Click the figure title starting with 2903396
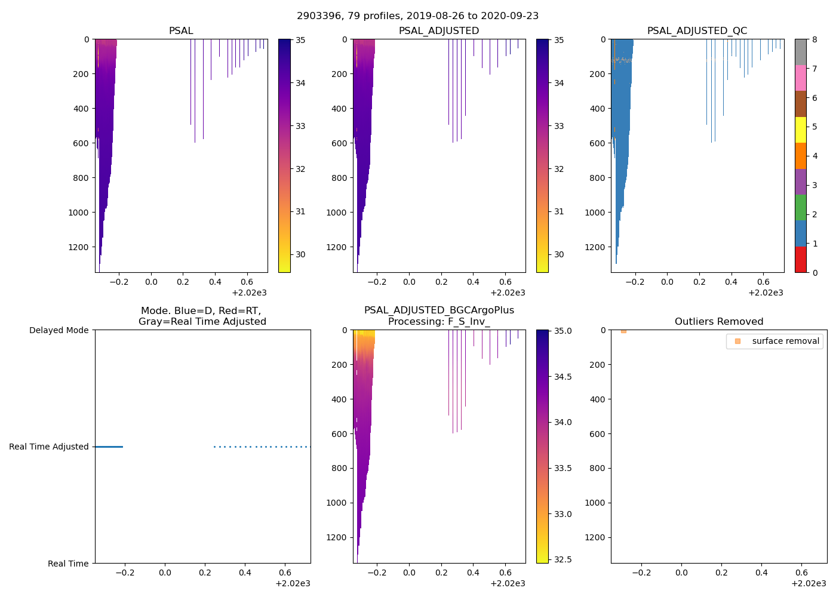tap(417, 16)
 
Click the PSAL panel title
tap(181, 31)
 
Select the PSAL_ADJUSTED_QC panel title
tap(697, 31)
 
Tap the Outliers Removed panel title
tap(718, 322)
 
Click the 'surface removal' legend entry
tap(785, 341)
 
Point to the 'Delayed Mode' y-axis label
tap(59, 330)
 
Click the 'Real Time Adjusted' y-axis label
tap(48, 447)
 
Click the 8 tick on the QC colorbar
tap(815, 39)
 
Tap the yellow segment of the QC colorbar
tap(800, 130)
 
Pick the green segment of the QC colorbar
tap(800, 207)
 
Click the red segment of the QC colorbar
tap(800, 259)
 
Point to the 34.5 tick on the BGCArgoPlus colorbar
tap(563, 377)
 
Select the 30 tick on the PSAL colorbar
tap(300, 254)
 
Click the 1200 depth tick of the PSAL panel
tap(78, 247)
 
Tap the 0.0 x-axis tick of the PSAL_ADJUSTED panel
tap(409, 282)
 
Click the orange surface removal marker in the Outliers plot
tap(623, 331)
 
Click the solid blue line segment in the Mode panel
tap(109, 447)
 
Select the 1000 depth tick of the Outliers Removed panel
tap(594, 503)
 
